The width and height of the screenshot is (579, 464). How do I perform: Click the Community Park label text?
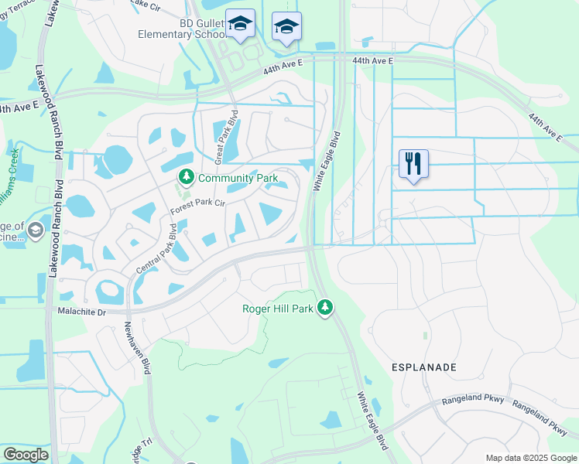[238, 178]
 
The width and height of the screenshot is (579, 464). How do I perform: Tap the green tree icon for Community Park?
[186, 178]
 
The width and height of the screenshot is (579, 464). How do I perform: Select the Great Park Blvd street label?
[231, 135]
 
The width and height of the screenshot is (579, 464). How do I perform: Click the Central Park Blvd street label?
[157, 249]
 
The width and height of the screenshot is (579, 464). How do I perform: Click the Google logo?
[26, 455]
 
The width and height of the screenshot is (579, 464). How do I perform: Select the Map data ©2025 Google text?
[530, 458]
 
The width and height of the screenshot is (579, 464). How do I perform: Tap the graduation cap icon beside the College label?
[35, 230]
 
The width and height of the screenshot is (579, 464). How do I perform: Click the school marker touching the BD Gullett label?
[240, 26]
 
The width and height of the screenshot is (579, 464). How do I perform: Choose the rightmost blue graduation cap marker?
[286, 28]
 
